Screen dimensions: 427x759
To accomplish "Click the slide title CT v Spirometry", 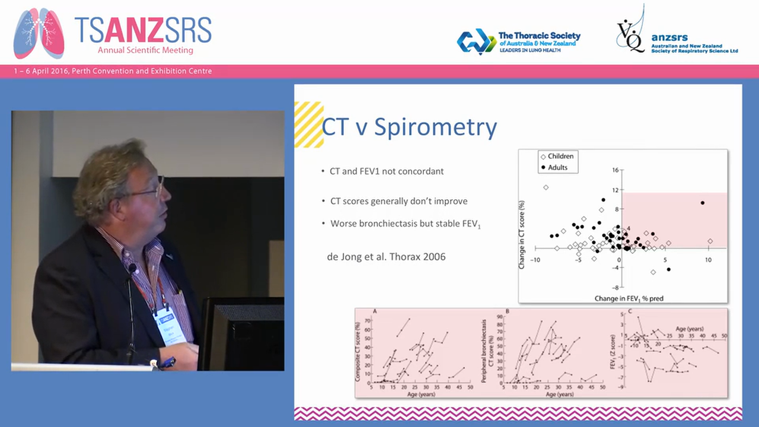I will (x=409, y=128).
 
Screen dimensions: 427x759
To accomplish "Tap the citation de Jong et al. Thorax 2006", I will (x=386, y=257).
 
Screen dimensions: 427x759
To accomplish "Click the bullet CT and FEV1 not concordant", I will (x=386, y=171).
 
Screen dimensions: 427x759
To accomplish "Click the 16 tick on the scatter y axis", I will (x=615, y=170).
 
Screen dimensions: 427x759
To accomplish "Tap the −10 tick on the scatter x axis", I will (x=534, y=260).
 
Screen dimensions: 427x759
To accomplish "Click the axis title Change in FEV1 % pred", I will (x=629, y=298).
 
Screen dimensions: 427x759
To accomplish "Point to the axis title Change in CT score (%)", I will (x=522, y=234).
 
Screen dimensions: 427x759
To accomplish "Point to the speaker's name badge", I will (x=170, y=325).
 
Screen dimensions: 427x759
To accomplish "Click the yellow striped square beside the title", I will (x=308, y=125).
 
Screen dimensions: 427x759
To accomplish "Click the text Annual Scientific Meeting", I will (x=145, y=50).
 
